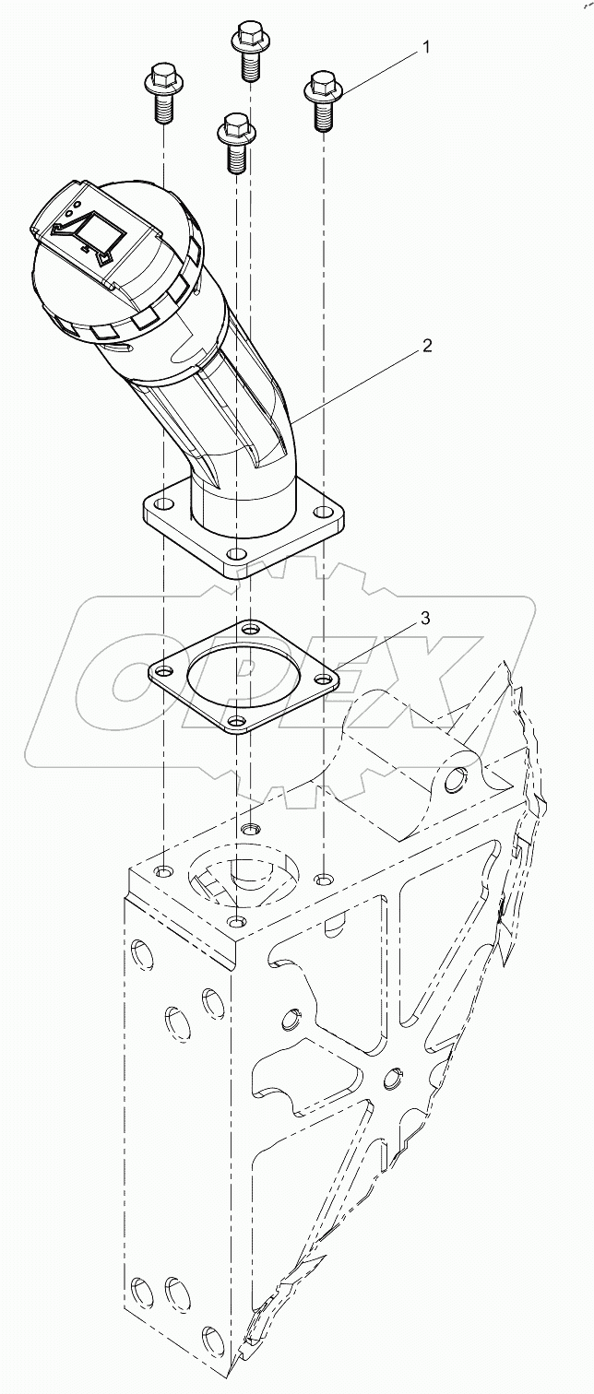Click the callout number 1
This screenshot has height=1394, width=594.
(x=425, y=46)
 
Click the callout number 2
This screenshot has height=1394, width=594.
(x=426, y=346)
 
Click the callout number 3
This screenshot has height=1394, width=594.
(x=425, y=618)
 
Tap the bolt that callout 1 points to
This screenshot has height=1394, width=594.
(x=321, y=100)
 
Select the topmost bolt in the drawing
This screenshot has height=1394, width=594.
(x=246, y=50)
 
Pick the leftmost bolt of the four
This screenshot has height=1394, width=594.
(x=161, y=91)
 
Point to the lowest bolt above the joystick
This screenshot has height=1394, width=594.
(x=234, y=140)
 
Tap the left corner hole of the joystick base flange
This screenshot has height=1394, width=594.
(x=163, y=504)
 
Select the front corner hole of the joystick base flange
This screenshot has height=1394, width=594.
(x=238, y=554)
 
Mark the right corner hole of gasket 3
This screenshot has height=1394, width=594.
(x=320, y=679)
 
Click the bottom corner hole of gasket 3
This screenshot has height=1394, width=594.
(x=238, y=721)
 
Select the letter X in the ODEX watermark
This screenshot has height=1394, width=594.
(x=434, y=678)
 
